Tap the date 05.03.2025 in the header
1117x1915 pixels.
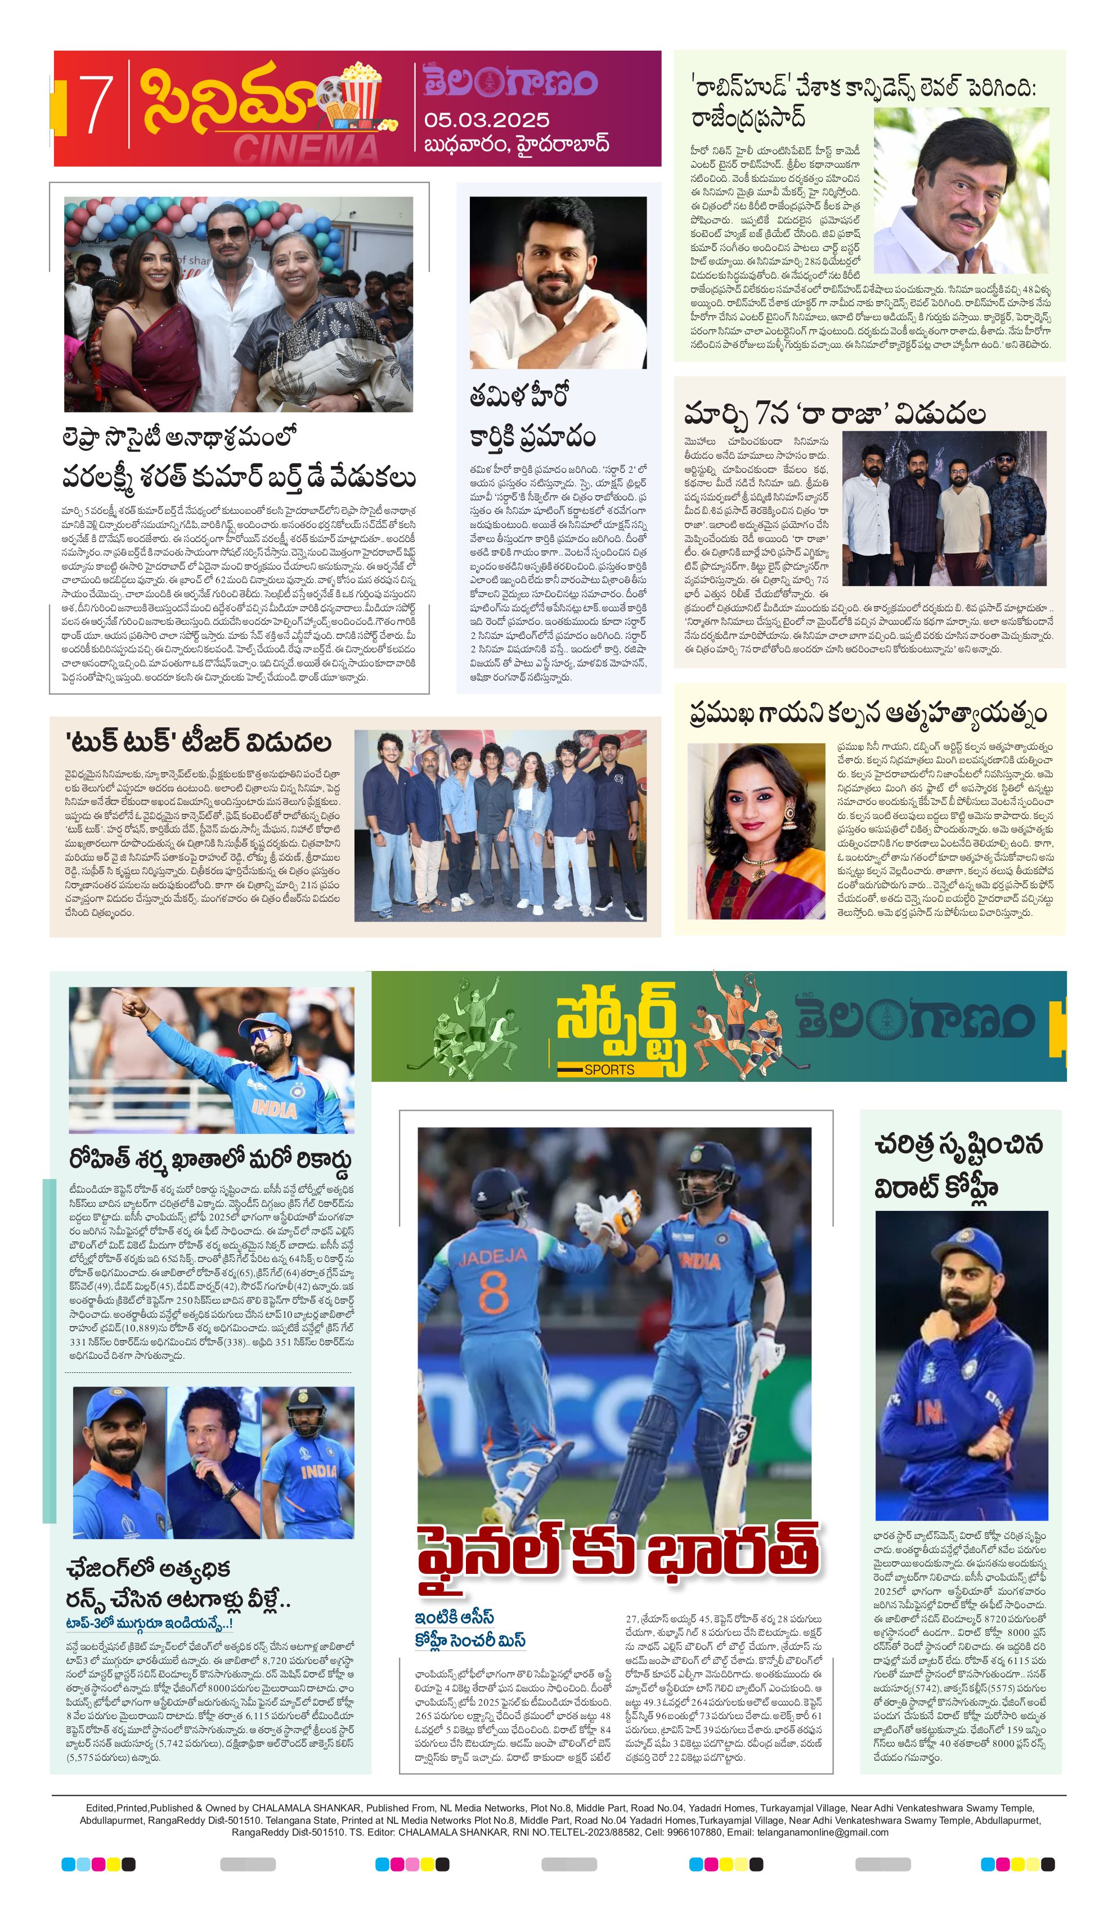(x=486, y=120)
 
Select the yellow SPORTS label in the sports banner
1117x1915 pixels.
(x=609, y=1069)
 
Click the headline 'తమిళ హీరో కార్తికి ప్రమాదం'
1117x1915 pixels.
(x=532, y=417)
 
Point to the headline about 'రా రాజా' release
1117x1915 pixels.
(x=835, y=414)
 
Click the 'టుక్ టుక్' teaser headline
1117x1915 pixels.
(x=199, y=741)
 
